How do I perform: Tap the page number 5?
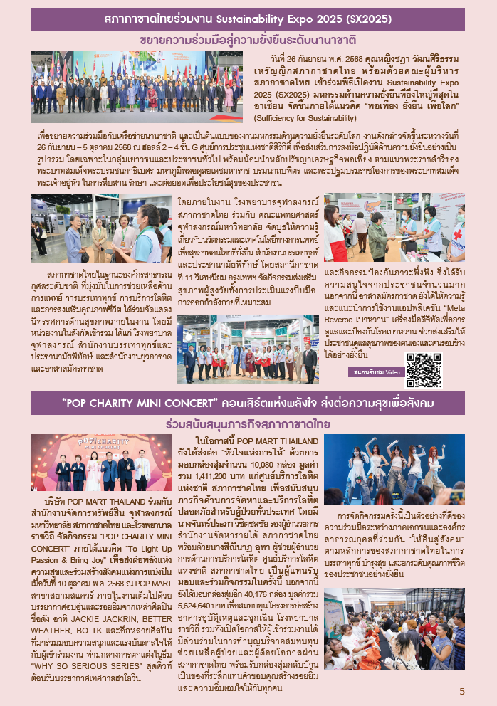[462, 691]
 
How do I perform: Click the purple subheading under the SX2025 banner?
[248, 39]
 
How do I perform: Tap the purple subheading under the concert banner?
[247, 423]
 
